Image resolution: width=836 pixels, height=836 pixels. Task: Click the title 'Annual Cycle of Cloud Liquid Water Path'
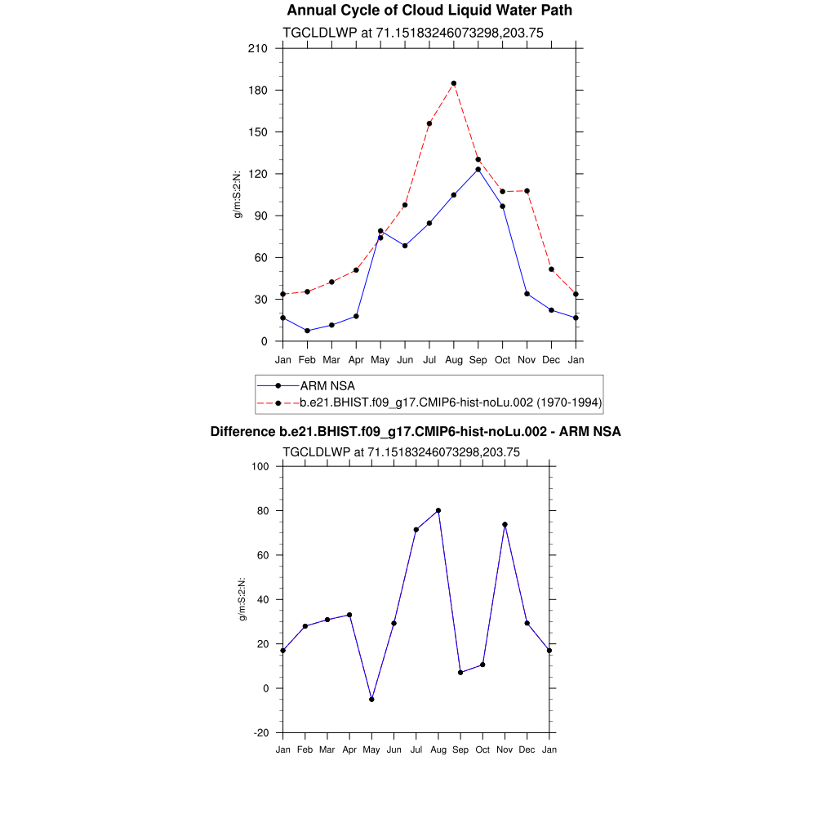429,11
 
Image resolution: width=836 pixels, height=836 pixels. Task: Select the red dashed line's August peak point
454,83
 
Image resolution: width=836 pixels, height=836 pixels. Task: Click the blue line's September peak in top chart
478,169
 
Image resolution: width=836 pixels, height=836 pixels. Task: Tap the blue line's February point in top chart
307,331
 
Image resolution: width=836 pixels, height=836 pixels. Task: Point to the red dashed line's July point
429,123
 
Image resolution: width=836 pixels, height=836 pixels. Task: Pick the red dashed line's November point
527,191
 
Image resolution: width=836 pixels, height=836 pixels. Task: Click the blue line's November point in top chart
527,294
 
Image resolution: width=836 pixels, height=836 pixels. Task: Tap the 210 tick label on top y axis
258,48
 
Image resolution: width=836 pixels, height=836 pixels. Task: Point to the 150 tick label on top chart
258,132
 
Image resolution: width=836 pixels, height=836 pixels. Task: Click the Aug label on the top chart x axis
454,360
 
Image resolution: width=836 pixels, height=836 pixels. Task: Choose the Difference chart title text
416,431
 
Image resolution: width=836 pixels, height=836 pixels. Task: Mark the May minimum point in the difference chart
371,699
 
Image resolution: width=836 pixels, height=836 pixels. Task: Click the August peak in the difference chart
438,510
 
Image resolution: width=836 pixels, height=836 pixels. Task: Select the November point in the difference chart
505,524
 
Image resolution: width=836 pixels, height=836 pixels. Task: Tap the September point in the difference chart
460,672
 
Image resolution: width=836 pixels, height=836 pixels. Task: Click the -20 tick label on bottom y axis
262,732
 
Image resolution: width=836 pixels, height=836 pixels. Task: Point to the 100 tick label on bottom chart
260,467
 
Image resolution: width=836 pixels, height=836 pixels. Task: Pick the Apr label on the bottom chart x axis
349,749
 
